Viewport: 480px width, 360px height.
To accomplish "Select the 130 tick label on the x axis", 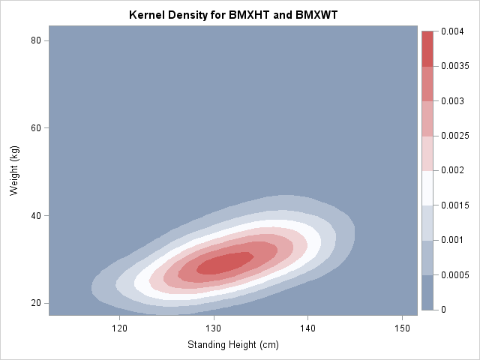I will pos(214,328).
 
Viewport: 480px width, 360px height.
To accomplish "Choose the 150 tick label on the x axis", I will pos(403,328).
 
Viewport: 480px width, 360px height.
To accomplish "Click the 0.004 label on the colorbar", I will pos(451,31).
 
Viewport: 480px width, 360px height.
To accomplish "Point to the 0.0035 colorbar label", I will pos(454,67).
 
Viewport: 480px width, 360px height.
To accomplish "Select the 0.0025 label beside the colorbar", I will pos(454,136).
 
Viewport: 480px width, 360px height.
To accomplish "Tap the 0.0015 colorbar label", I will pos(454,205).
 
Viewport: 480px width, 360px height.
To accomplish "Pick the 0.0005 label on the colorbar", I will pos(454,274).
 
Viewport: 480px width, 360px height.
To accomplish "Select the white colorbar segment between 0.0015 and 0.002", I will pos(427,188).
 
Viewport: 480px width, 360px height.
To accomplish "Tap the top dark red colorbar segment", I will pos(427,49).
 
